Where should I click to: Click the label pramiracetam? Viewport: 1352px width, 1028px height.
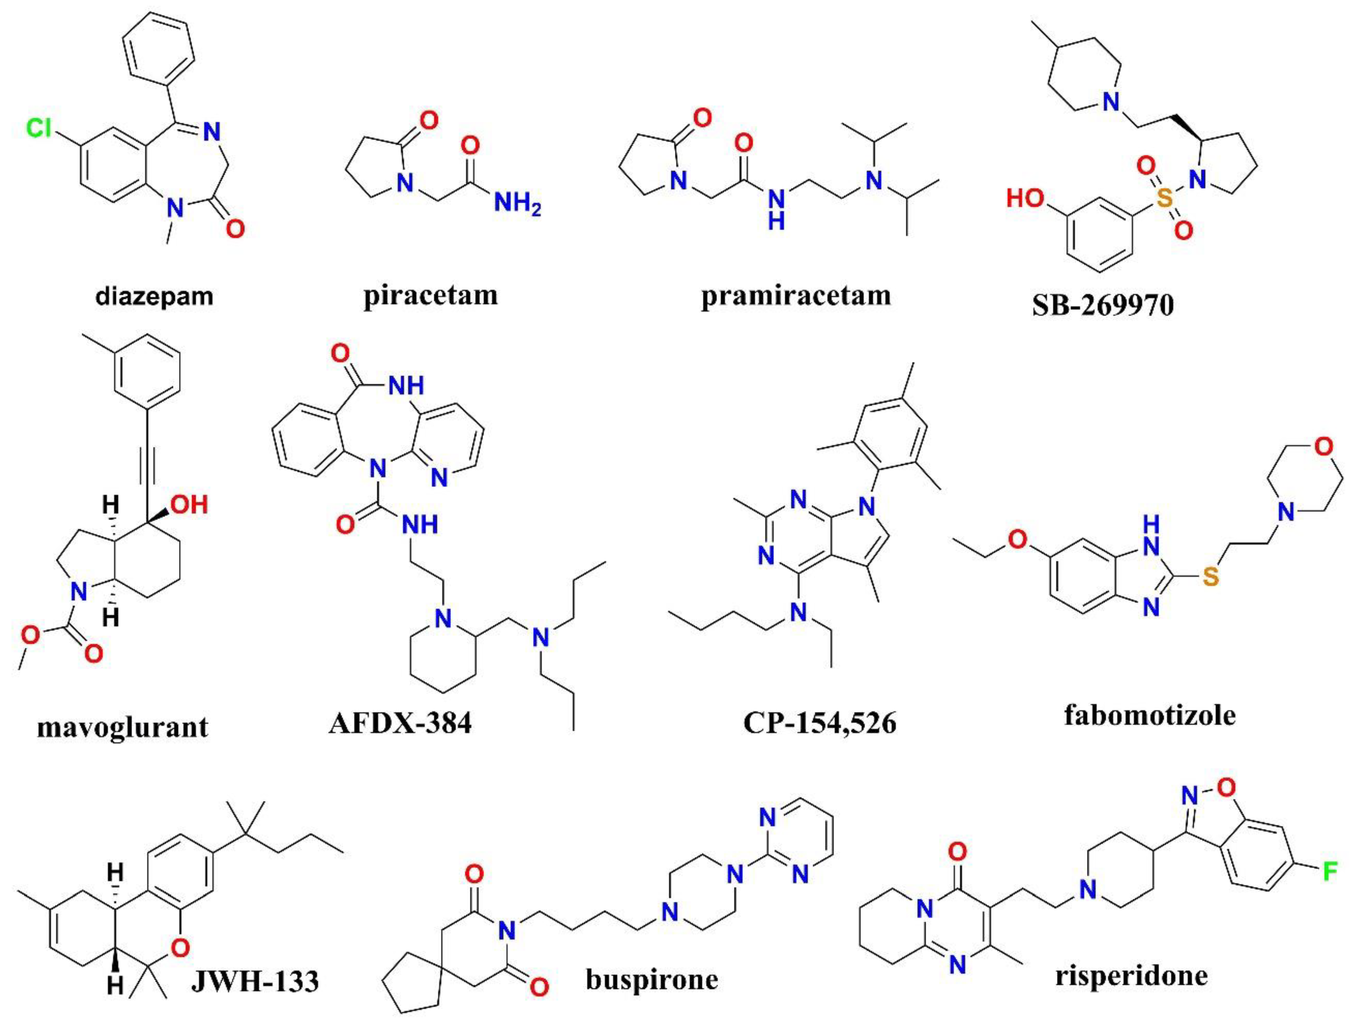[795, 296]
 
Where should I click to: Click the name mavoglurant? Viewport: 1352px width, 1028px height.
[122, 727]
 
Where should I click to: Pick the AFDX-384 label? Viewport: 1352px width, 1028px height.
[401, 723]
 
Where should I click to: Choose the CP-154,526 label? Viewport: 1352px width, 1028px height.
[820, 723]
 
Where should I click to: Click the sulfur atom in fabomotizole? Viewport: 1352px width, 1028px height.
[1210, 576]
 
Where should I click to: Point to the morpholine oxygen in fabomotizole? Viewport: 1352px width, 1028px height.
[1323, 447]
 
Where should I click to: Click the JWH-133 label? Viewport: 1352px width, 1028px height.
[255, 982]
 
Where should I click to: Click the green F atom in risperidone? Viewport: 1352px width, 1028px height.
[1329, 872]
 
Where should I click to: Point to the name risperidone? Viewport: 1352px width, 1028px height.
[1132, 975]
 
